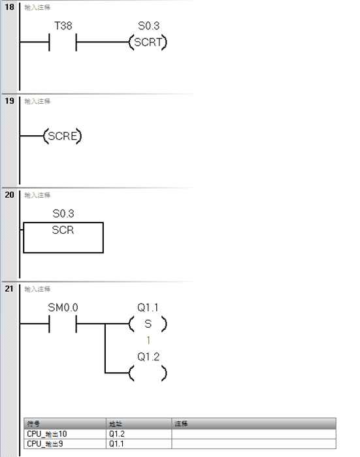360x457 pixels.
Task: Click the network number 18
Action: point(9,6)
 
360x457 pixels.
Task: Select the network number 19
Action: point(9,101)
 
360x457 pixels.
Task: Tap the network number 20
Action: point(9,195)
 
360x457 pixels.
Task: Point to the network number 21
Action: point(9,289)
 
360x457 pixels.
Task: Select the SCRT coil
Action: point(148,44)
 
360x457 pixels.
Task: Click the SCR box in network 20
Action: point(63,238)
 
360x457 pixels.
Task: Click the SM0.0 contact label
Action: point(63,307)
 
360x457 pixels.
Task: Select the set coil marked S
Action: point(148,324)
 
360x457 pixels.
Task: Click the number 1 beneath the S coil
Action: point(148,340)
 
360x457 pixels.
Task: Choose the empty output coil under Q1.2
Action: point(148,373)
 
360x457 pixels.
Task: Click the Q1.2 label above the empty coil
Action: point(148,358)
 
